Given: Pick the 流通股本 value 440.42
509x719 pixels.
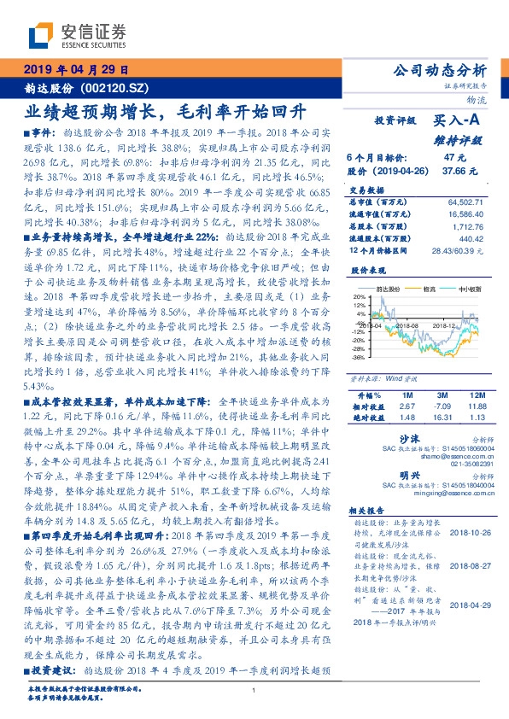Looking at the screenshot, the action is coord(471,238).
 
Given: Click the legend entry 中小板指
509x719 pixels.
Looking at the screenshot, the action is coord(470,289).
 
